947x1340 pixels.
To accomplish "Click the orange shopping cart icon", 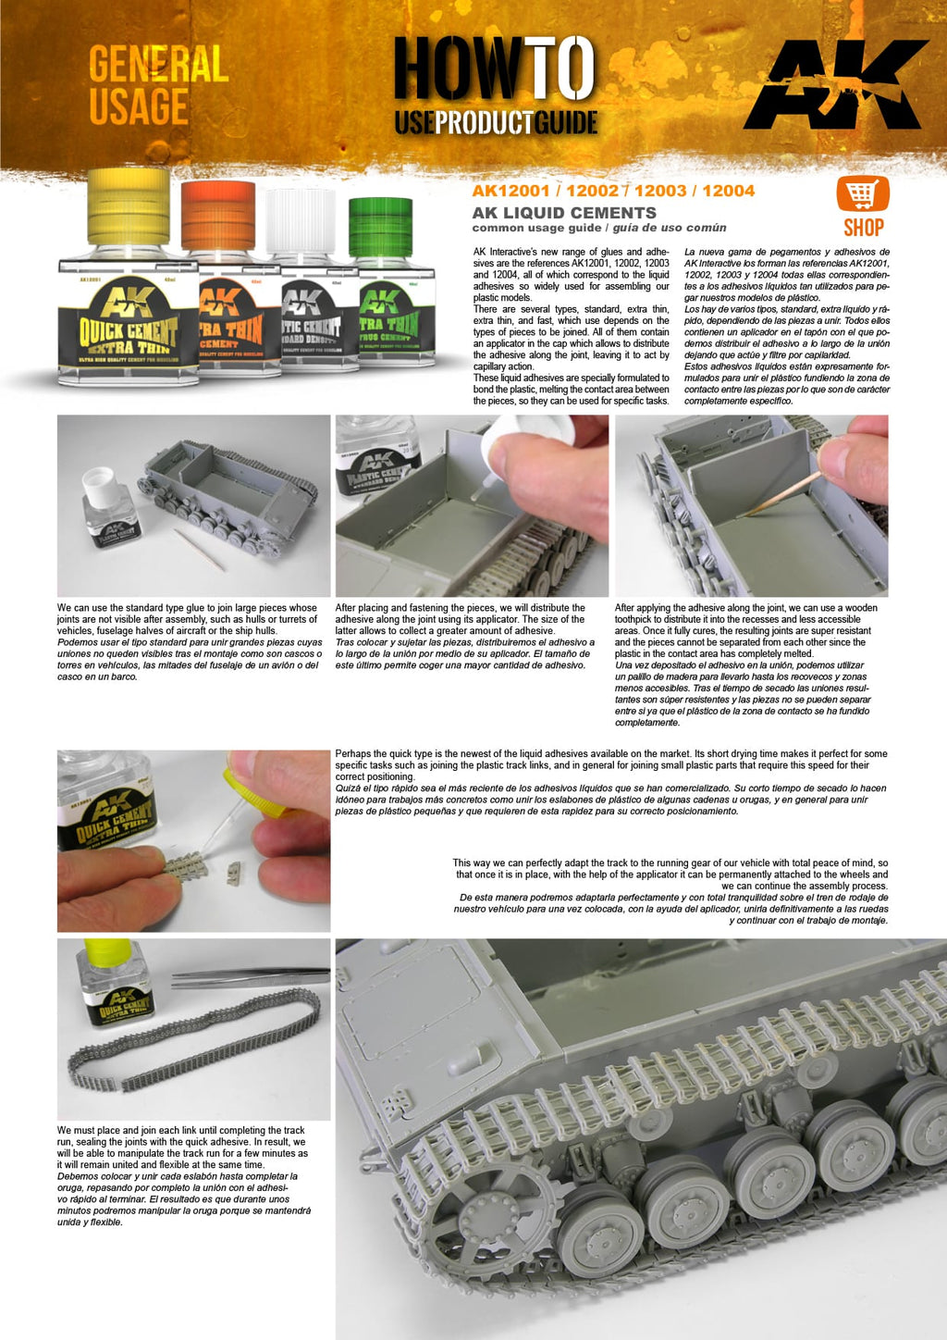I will point(862,194).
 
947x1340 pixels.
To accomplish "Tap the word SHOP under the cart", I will point(863,228).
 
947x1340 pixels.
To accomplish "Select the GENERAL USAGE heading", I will point(157,86).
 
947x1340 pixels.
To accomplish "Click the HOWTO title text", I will point(494,69).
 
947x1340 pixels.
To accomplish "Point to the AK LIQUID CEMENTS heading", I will point(564,213).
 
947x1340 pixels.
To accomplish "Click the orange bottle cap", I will point(218,208).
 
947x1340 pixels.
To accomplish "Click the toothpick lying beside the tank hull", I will point(198,549).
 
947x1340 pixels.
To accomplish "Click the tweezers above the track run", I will point(251,974).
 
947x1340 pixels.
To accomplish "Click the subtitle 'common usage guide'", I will point(535,228).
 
